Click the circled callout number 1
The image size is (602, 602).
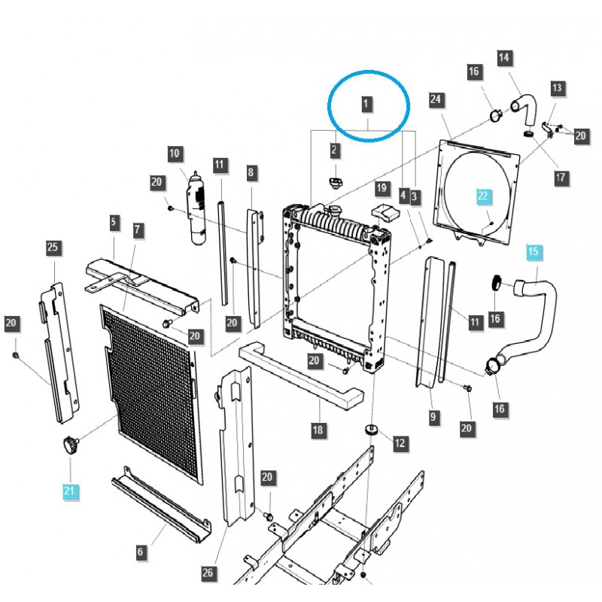[366, 104]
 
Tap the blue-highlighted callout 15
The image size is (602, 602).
[533, 251]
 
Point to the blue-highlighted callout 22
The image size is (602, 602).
[483, 196]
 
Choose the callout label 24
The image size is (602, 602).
[436, 99]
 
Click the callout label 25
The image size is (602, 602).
[53, 248]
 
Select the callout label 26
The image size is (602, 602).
[208, 573]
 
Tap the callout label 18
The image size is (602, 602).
[319, 430]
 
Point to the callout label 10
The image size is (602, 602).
[175, 154]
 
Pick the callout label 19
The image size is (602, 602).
[382, 187]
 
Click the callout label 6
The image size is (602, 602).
[140, 553]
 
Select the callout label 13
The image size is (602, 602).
[557, 88]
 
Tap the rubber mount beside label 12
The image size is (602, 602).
[370, 430]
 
